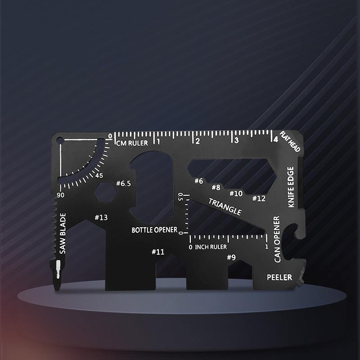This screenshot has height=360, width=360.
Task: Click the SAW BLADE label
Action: pyautogui.click(x=63, y=234)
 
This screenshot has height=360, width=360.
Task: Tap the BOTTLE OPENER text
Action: pyautogui.click(x=154, y=229)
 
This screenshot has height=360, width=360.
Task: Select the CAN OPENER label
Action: pyautogui.click(x=277, y=239)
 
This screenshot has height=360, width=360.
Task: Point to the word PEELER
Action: pyautogui.click(x=279, y=277)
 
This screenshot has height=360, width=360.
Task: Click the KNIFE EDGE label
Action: pyautogui.click(x=291, y=187)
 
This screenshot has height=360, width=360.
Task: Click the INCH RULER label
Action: pyautogui.click(x=210, y=247)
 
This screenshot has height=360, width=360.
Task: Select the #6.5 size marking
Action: pyautogui.click(x=123, y=183)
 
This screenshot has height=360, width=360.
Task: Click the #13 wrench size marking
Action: pyautogui.click(x=101, y=218)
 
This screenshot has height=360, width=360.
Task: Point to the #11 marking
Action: pyautogui.click(x=158, y=252)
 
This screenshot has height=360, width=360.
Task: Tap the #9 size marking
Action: pyautogui.click(x=231, y=257)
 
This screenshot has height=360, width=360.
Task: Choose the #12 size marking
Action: pyautogui.click(x=259, y=198)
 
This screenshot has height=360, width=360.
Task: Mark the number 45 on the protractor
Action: pyautogui.click(x=99, y=175)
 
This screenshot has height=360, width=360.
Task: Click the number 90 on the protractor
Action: pyautogui.click(x=60, y=195)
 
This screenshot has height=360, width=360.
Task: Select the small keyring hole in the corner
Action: pyautogui.click(x=59, y=140)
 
